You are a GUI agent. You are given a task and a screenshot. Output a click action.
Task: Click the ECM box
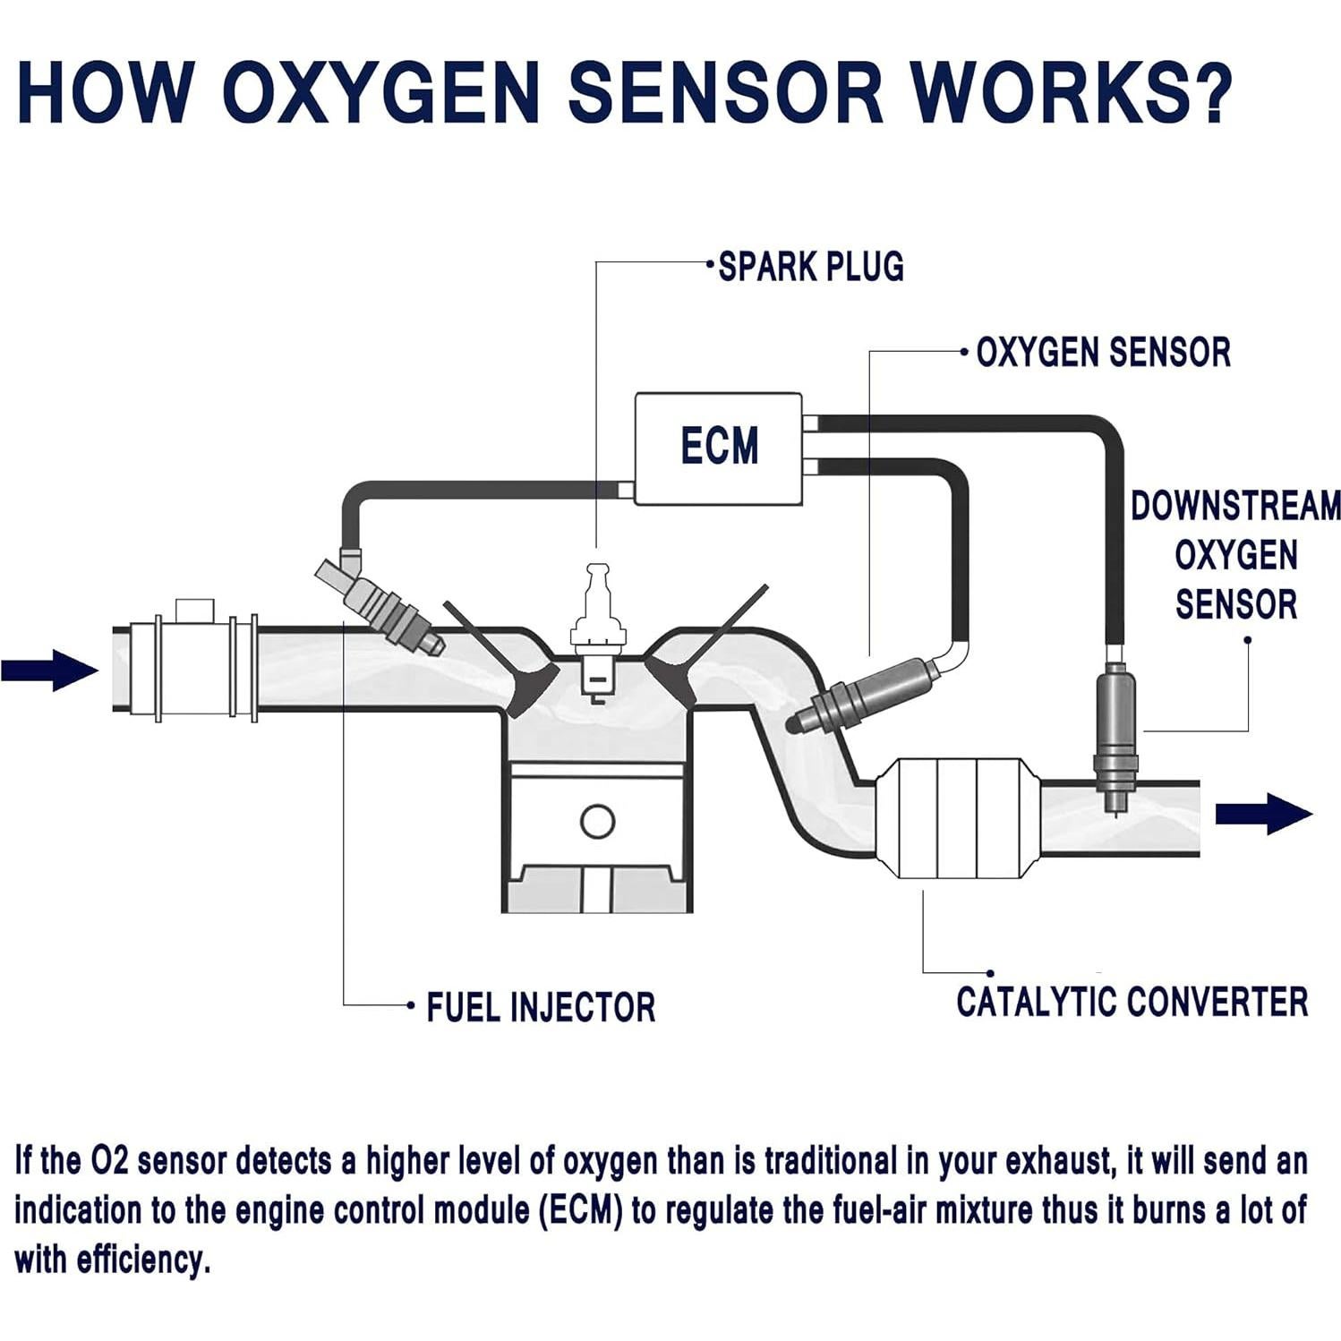[x=718, y=448]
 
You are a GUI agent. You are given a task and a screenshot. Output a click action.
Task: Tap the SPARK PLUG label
[x=811, y=267]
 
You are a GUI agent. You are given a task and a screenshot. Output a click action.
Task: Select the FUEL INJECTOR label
[x=541, y=1007]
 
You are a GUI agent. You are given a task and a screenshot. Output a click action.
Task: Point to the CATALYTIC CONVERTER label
[x=1132, y=1002]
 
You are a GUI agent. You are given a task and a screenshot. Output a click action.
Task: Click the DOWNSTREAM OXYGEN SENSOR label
[x=1235, y=555]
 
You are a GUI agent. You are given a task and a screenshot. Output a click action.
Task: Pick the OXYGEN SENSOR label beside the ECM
[x=1103, y=353]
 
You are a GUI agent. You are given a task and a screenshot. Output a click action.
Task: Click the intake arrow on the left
[x=50, y=670]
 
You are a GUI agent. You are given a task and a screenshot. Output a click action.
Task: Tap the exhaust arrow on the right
[x=1262, y=814]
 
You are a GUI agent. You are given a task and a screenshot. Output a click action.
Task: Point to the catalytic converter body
[x=956, y=818]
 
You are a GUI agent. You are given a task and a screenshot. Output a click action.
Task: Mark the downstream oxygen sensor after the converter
[x=1115, y=734]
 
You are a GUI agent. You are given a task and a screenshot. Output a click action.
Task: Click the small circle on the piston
[x=597, y=821]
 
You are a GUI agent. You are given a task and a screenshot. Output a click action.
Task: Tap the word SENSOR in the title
[x=725, y=91]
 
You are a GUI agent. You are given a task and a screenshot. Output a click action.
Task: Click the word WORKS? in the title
[x=1071, y=91]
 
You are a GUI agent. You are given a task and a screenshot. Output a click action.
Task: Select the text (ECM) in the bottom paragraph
[x=581, y=1211]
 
